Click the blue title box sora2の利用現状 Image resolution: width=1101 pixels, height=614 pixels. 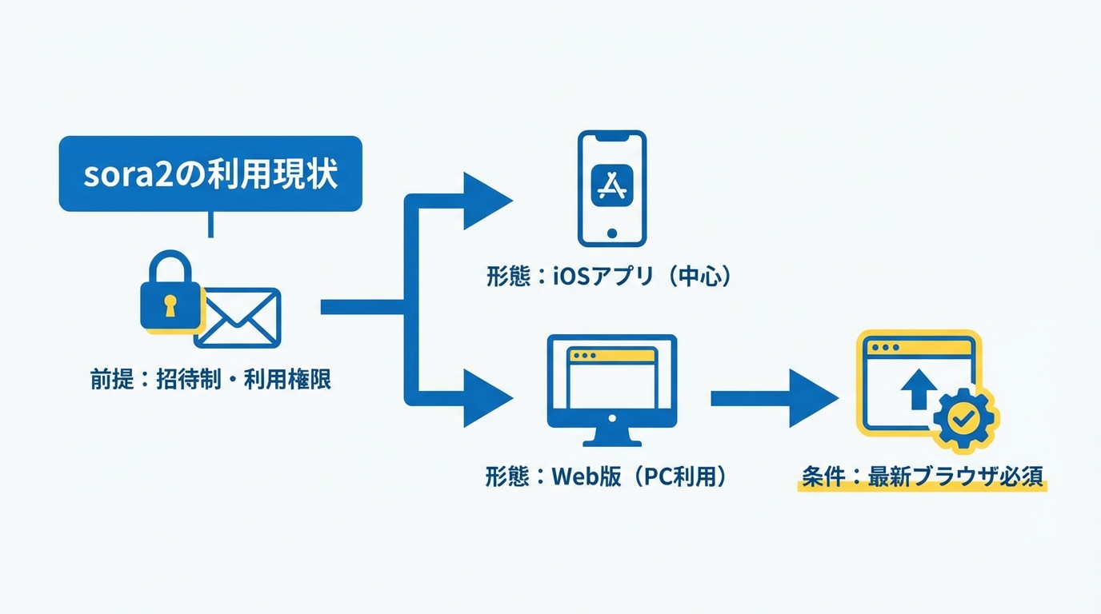click(x=210, y=173)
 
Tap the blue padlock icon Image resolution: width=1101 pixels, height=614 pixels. click(x=170, y=294)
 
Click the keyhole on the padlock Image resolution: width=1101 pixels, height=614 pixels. click(x=170, y=306)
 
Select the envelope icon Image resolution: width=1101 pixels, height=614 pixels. click(x=238, y=318)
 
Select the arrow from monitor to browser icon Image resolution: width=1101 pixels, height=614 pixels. click(x=772, y=398)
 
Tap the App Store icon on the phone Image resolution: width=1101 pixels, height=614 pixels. click(x=612, y=187)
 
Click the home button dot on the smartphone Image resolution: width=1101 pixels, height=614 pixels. click(x=612, y=233)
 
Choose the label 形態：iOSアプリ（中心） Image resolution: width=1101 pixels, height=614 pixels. click(x=609, y=277)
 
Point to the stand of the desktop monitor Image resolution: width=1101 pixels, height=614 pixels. click(x=612, y=433)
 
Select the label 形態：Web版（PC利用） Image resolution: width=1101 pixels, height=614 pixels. click(x=606, y=476)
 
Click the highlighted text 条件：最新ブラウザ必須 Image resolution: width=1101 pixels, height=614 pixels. click(x=923, y=476)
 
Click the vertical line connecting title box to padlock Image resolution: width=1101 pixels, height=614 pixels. click(x=210, y=225)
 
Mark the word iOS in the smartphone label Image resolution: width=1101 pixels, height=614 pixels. click(x=573, y=277)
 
